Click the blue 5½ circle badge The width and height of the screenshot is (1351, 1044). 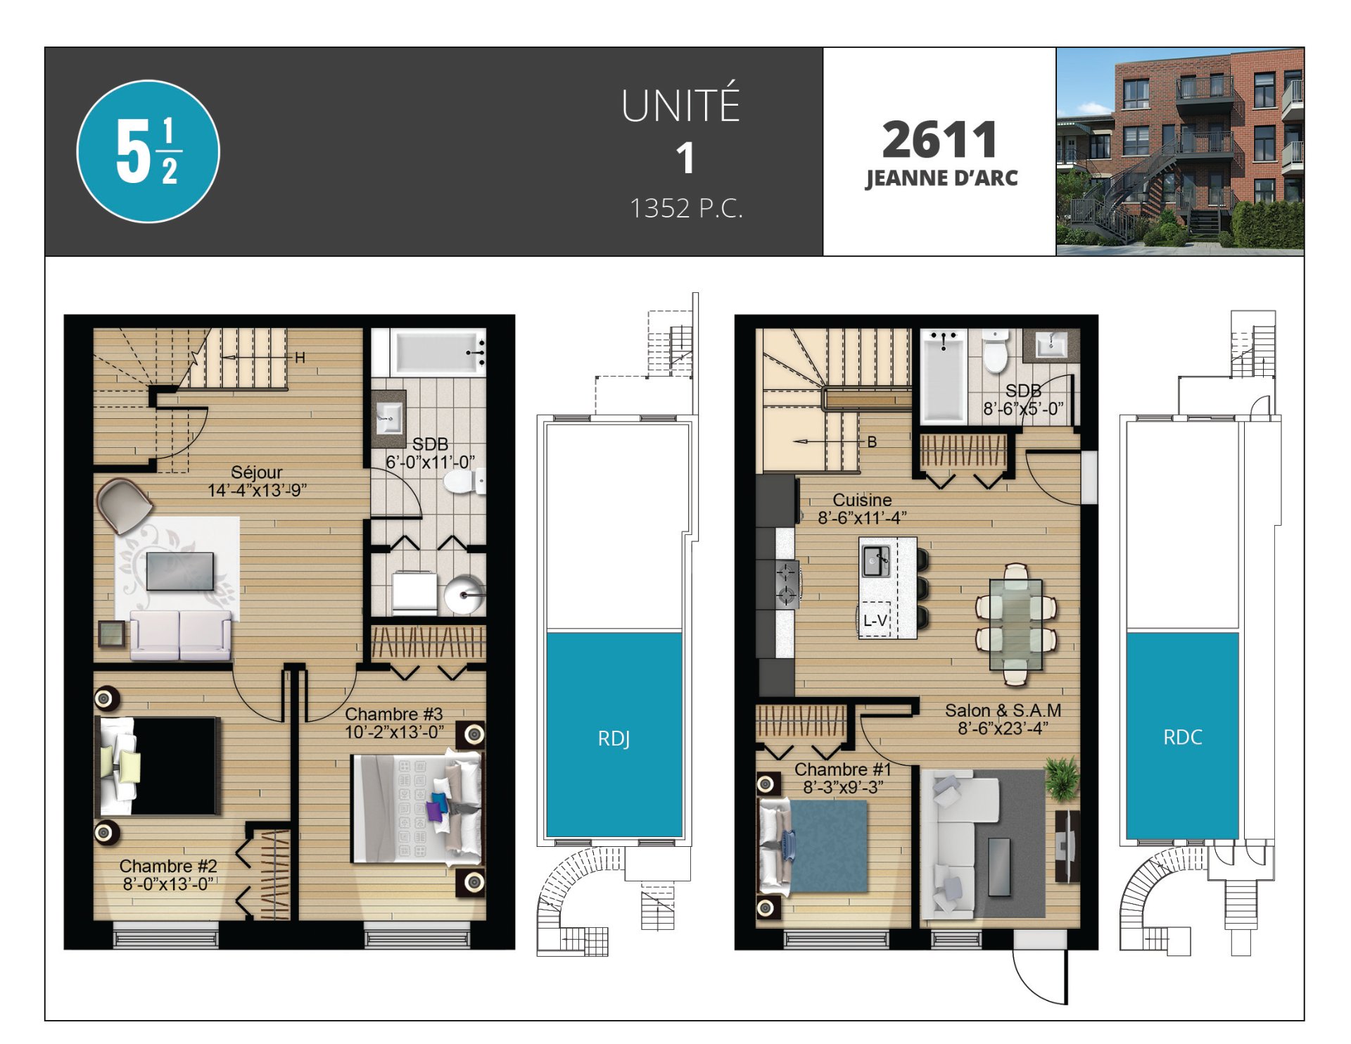coord(148,151)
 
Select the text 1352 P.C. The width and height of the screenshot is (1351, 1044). coord(686,208)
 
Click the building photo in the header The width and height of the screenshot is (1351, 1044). coord(1180,151)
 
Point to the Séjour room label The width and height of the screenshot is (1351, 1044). coord(257,472)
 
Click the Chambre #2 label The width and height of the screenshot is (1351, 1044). coord(168,866)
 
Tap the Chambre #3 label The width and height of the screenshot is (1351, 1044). coord(394,714)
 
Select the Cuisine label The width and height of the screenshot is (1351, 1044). coord(862,500)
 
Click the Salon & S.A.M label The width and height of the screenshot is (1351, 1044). coord(1003,711)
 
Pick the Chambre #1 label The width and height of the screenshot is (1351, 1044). coord(843,769)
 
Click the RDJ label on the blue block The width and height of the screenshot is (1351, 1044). coord(614,738)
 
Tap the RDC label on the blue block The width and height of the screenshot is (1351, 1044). coord(1183,737)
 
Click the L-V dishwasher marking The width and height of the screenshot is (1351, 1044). coord(875,620)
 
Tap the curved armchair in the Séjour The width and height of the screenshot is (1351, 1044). coord(124,505)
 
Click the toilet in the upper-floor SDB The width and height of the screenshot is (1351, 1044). coord(996,351)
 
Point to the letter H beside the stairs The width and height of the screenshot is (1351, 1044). coord(300,358)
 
